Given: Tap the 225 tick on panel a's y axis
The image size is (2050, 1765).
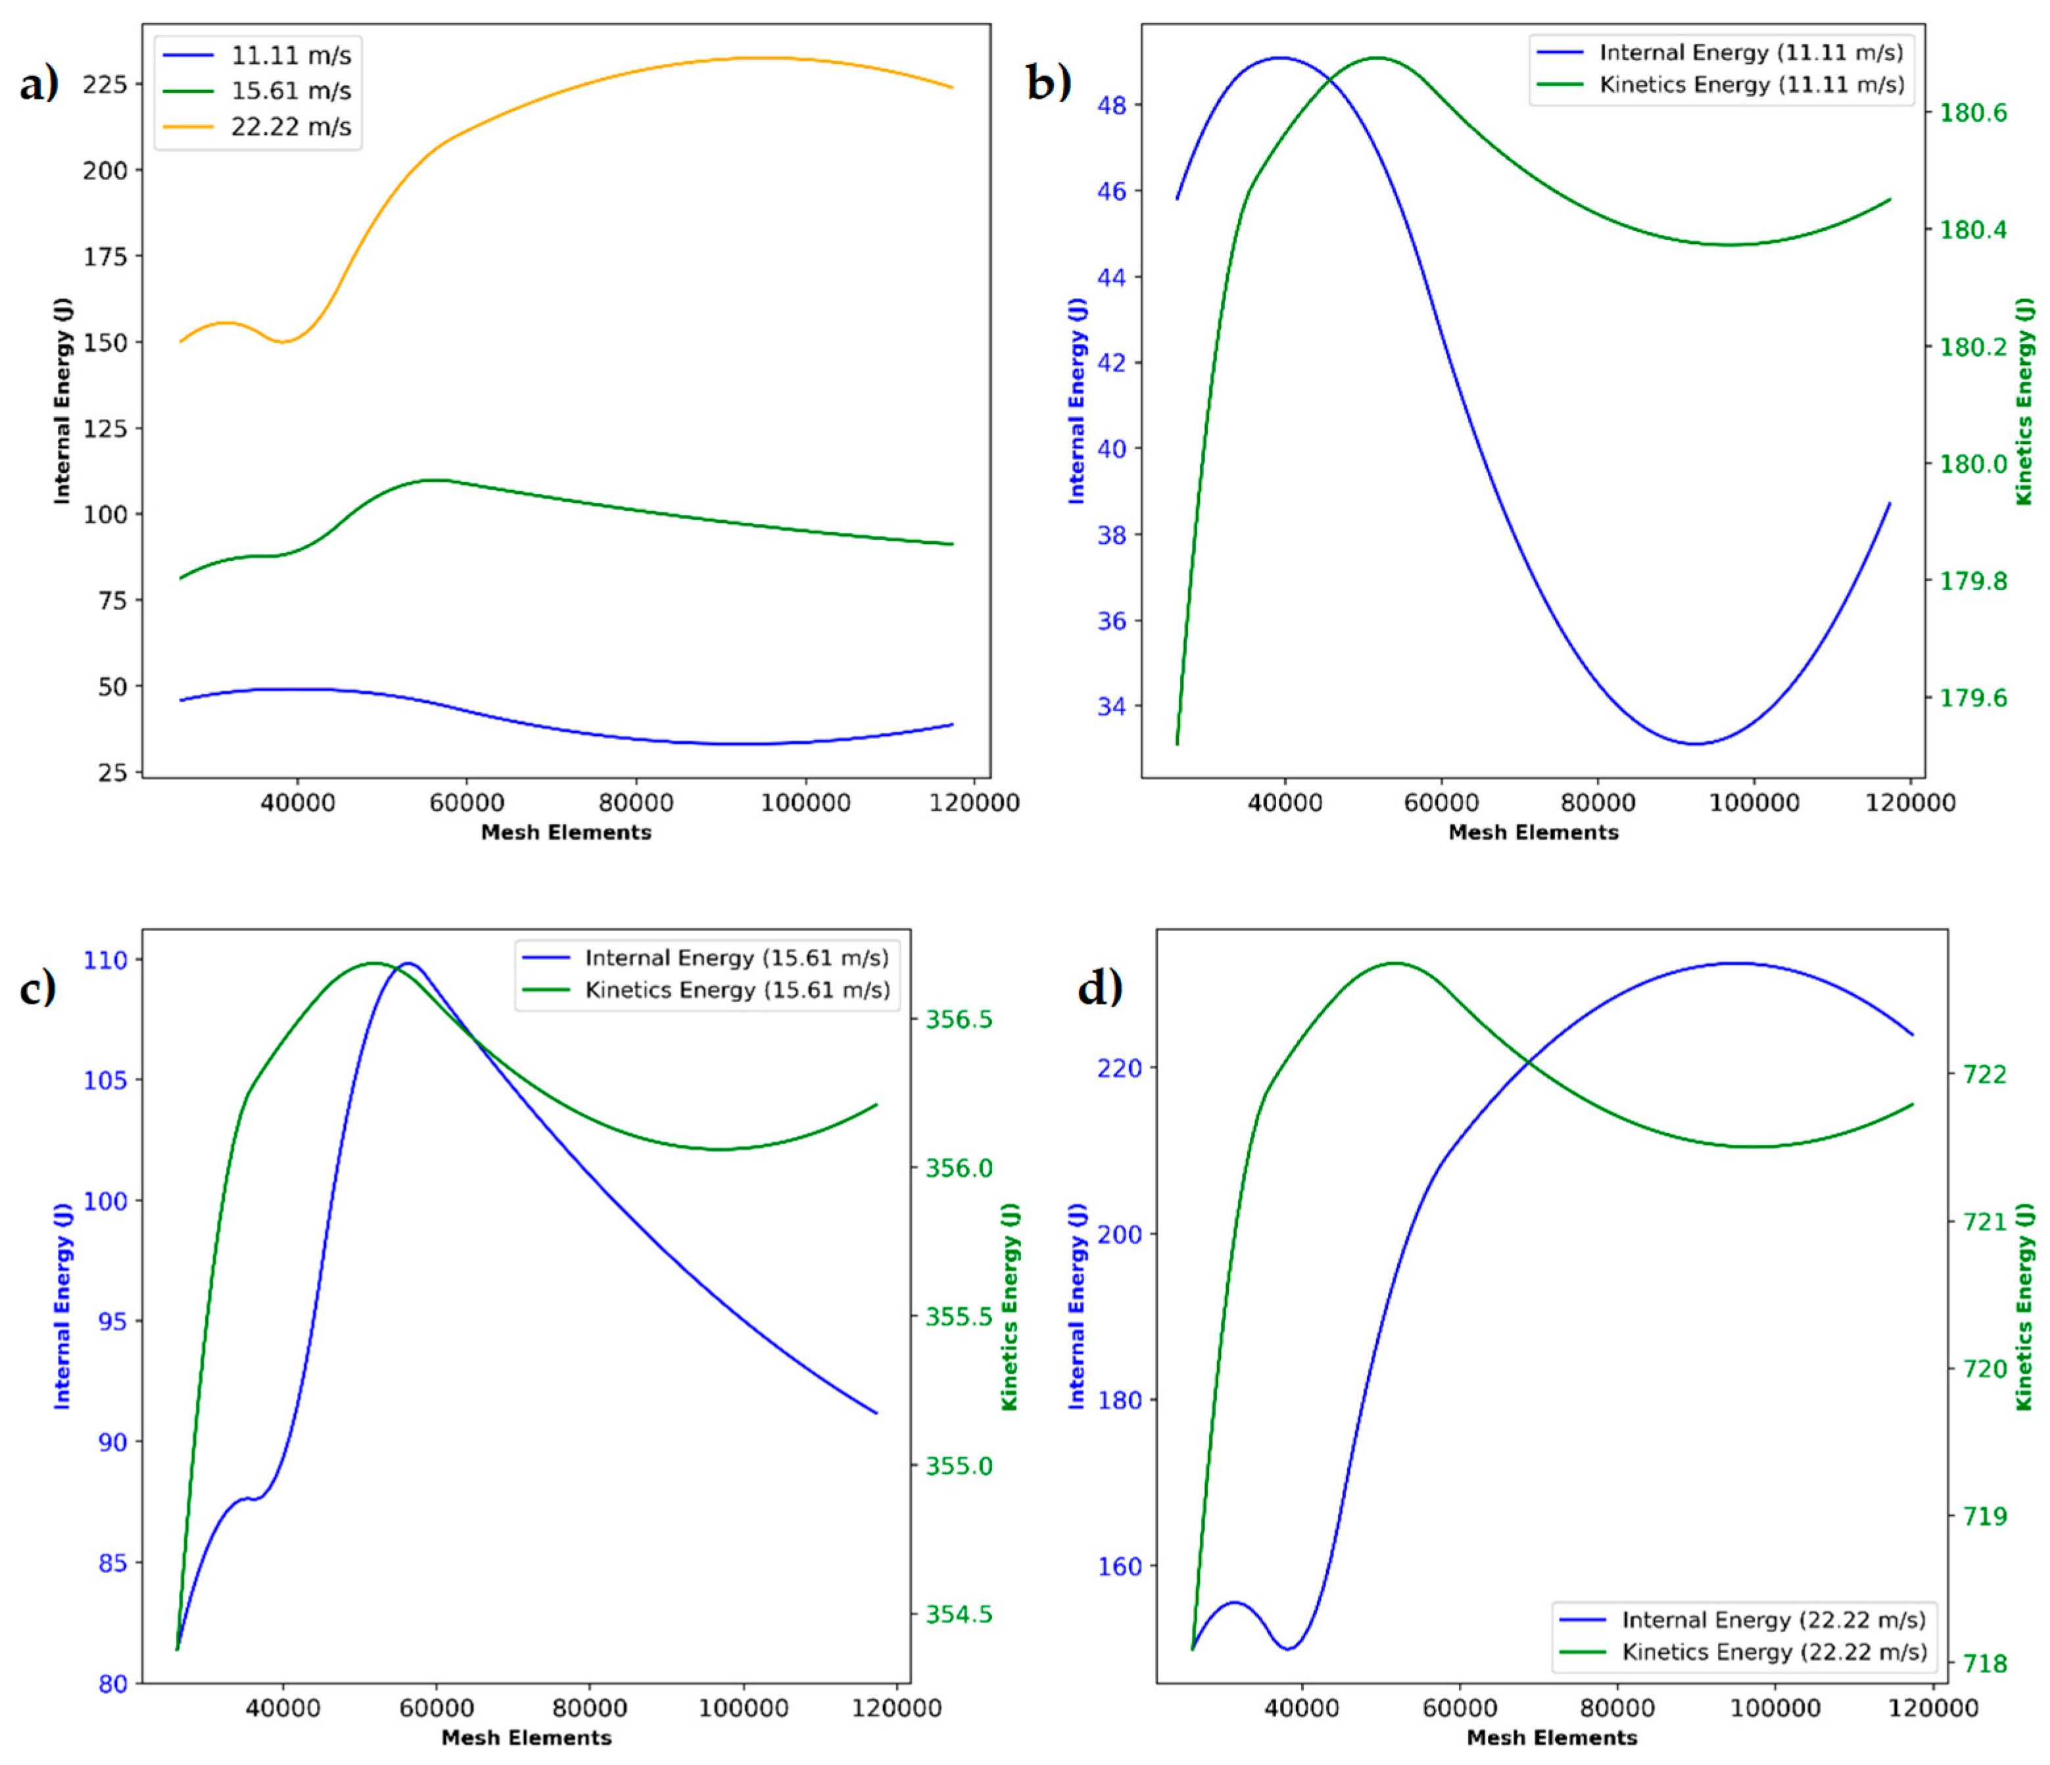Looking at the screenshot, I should (105, 84).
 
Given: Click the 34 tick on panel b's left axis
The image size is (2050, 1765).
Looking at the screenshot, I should (1112, 706).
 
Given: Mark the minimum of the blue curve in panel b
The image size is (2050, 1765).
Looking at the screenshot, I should (1696, 744).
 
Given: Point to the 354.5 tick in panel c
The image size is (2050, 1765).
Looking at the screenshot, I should (958, 1614).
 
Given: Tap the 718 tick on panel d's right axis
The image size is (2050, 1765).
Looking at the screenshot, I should (1984, 1664).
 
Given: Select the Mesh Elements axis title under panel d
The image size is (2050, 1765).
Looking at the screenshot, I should (1552, 1737).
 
